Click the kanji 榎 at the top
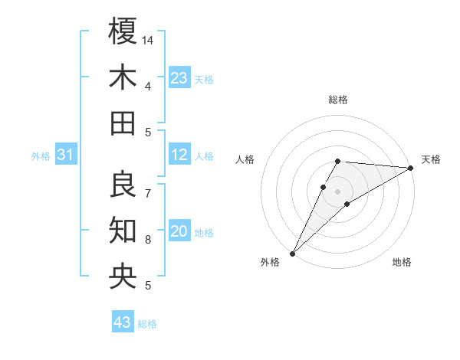(x=123, y=31)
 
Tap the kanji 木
(x=123, y=77)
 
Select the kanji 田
(x=123, y=123)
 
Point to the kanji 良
(x=123, y=185)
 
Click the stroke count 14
(x=149, y=40)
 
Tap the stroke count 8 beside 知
(x=147, y=240)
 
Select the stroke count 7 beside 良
(x=147, y=194)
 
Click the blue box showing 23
(x=179, y=77)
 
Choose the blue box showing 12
(x=179, y=155)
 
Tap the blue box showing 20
(x=179, y=231)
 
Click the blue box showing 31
(x=66, y=155)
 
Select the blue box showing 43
(x=123, y=322)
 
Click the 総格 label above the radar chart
(x=338, y=100)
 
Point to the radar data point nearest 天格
(x=411, y=169)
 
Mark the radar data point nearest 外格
(x=292, y=253)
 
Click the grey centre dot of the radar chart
(x=338, y=191)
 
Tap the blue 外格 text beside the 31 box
(x=41, y=156)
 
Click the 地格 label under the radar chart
(x=402, y=263)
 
